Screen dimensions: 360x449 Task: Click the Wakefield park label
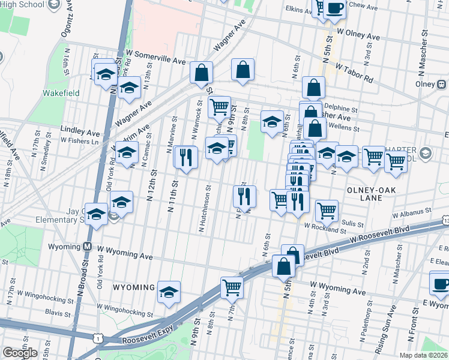pos(57,93)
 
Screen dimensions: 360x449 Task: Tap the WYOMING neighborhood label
pos(133,288)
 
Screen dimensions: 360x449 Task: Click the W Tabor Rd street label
pos(354,73)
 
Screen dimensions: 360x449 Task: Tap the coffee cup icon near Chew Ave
pos(334,8)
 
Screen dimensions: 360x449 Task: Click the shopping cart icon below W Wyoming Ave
pos(232,287)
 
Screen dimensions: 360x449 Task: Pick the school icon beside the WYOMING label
pos(169,291)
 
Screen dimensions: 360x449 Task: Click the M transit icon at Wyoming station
pos(87,247)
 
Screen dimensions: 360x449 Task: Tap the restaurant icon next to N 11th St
pos(186,157)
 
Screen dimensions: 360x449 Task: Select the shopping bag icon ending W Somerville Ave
pos(202,72)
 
